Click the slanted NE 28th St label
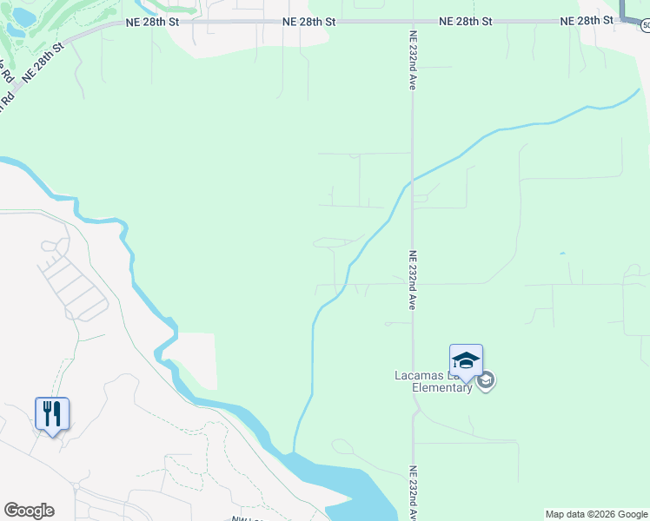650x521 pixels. point(43,62)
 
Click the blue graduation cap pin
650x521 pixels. point(466,360)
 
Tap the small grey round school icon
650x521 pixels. point(486,380)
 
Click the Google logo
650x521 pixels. point(29,511)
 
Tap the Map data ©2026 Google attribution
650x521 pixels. point(597,514)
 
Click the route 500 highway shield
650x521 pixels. point(646,26)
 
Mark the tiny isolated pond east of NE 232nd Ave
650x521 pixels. point(561,254)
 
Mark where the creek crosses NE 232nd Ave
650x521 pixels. point(412,180)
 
